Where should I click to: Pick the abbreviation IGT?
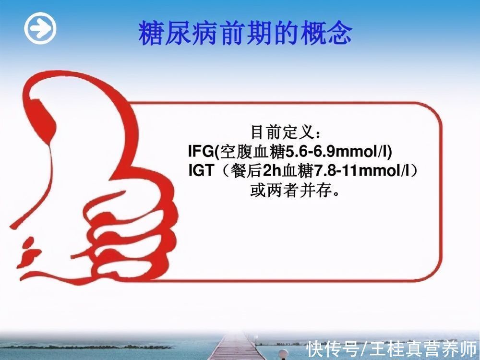click(x=201, y=171)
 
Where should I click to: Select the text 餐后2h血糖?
click(x=271, y=171)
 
